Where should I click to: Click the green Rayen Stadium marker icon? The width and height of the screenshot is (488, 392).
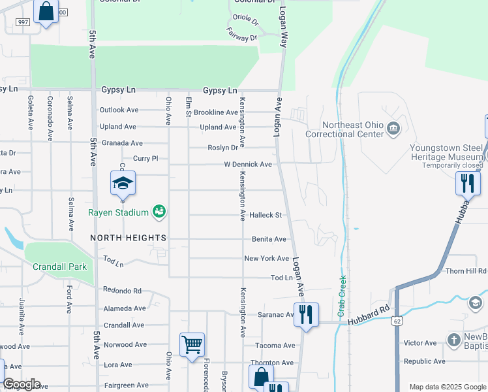tap(159, 211)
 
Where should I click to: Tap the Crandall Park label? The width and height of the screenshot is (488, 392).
tap(60, 267)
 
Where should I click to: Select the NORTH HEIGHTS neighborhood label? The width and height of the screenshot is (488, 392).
tap(129, 238)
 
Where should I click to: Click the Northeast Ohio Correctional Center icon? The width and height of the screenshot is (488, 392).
tap(393, 128)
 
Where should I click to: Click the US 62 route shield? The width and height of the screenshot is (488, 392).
tap(398, 321)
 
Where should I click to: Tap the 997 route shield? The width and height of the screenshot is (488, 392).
tap(23, 22)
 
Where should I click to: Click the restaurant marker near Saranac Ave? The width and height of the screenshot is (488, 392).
tap(305, 314)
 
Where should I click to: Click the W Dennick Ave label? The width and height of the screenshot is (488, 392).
tap(248, 165)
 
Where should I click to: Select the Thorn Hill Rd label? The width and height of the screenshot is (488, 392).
tap(466, 270)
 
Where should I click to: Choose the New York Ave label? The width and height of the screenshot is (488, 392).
tap(266, 259)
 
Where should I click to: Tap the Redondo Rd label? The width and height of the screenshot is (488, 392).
tap(122, 290)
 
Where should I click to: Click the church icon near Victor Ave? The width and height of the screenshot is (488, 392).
tap(454, 339)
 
